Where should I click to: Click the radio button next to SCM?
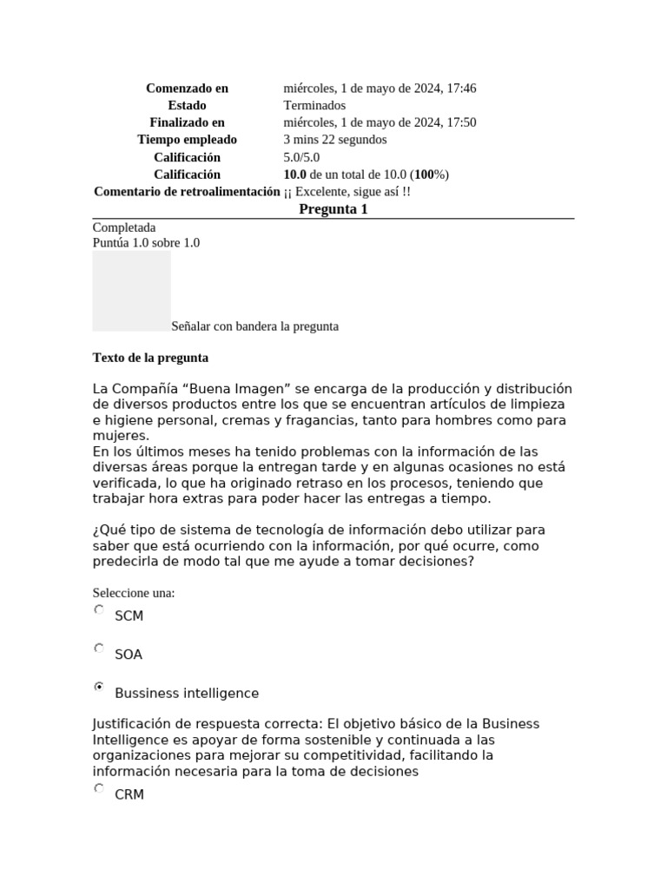pos(99,610)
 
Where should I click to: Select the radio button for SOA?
pos(99,649)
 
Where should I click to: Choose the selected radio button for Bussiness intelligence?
pos(99,687)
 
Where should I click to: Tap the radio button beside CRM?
pos(99,788)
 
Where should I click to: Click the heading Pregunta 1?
pos(333,209)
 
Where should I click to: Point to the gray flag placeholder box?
pos(131,291)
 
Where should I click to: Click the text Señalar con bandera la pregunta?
pos(254,326)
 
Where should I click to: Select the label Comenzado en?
pos(187,88)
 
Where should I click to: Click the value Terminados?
pos(314,105)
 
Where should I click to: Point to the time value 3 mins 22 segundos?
pos(334,140)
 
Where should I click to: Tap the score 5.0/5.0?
pos(301,157)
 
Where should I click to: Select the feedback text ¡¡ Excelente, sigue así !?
pos(347,191)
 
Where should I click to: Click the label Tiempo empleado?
pos(187,140)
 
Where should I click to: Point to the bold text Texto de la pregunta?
pos(150,358)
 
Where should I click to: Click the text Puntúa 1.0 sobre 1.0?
pos(146,243)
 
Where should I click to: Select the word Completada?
pos(124,227)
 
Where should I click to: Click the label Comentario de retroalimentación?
pos(187,191)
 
